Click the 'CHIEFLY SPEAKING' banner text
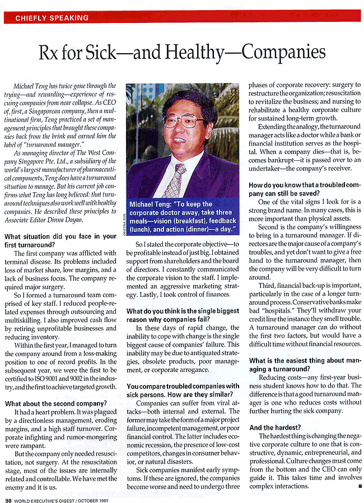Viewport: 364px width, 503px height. pos(52,18)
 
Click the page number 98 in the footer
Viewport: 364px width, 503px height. pos(8,499)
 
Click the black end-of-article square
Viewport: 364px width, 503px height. pos(359,486)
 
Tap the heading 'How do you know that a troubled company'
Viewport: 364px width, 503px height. pos(304,185)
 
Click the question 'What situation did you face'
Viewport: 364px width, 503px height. pos(60,237)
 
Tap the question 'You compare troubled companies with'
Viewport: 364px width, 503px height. pos(183,386)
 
